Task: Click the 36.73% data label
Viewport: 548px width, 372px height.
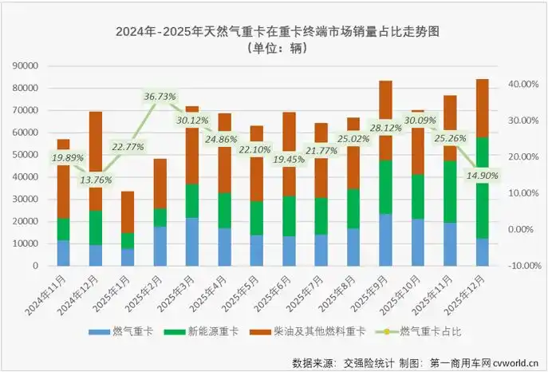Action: pos(160,97)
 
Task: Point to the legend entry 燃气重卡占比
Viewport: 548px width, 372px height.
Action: pos(428,330)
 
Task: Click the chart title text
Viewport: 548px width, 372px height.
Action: pos(278,32)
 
